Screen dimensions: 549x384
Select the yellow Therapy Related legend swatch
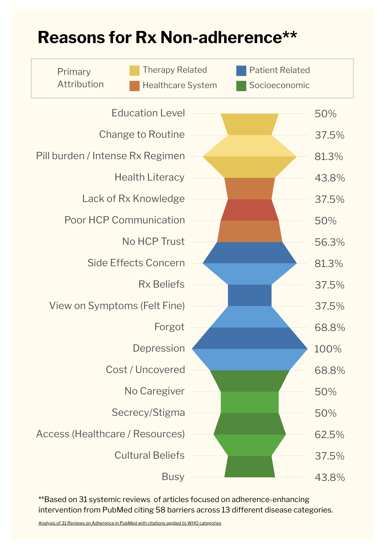point(134,71)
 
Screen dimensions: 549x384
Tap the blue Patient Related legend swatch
point(241,71)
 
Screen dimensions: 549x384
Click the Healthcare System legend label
point(180,85)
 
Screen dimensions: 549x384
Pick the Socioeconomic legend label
point(279,85)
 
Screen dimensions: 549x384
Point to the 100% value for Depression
point(327,349)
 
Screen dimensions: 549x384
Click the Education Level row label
point(148,113)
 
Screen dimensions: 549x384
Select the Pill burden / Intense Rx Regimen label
point(110,156)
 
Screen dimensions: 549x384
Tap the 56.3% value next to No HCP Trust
point(329,242)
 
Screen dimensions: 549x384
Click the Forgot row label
point(169,327)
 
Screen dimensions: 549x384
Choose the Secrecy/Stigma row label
point(148,413)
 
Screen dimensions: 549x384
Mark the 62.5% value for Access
point(329,435)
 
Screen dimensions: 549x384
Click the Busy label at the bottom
point(173,477)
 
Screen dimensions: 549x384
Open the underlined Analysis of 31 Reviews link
point(129,523)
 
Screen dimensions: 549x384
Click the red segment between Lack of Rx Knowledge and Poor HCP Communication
point(250,210)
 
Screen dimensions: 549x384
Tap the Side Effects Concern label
point(136,263)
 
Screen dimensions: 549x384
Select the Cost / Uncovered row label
point(145,370)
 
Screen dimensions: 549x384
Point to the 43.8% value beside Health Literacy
point(329,178)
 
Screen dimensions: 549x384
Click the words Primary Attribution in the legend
point(80,78)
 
